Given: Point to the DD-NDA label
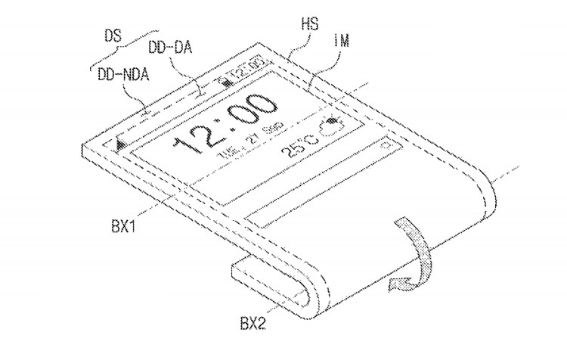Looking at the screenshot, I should tap(123, 75).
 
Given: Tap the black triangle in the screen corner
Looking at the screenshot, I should tap(120, 142).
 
